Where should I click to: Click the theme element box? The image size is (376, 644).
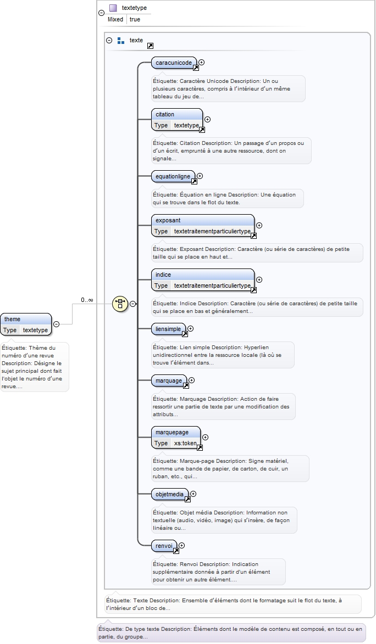click(26, 324)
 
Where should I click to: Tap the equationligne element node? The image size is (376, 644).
click(173, 177)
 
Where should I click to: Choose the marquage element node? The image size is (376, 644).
click(169, 380)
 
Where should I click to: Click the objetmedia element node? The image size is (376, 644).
click(169, 495)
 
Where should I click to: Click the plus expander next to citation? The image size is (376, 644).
click(208, 120)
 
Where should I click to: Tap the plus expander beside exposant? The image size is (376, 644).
click(259, 226)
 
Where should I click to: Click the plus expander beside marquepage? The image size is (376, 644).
click(205, 438)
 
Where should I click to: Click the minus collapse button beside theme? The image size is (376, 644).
click(57, 324)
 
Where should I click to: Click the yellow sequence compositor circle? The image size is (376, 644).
click(120, 304)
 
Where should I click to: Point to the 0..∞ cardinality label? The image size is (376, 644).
click(87, 300)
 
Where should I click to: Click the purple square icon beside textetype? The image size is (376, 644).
click(113, 8)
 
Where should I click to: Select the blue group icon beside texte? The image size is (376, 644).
click(121, 41)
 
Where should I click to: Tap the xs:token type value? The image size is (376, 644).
click(186, 443)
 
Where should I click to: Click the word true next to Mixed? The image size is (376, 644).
click(135, 19)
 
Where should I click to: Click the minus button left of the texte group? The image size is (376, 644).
click(109, 40)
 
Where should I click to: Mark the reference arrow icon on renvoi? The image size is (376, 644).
click(176, 551)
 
